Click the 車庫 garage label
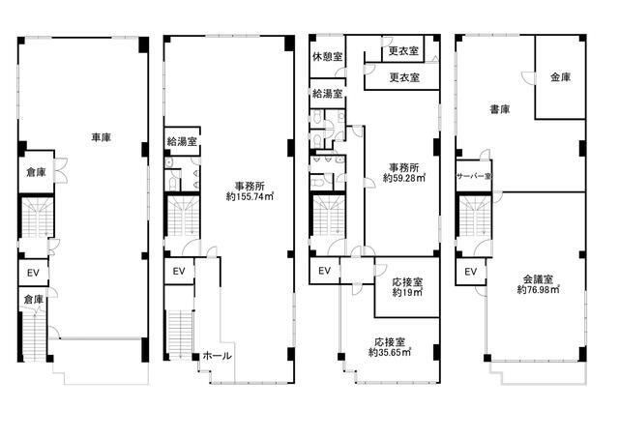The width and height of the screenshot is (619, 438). (x=101, y=137)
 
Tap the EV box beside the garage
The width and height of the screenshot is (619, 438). (x=34, y=273)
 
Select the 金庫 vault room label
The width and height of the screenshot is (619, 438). (x=561, y=77)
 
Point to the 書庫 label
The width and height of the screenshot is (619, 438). (x=500, y=109)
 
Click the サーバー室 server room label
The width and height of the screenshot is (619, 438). (x=474, y=176)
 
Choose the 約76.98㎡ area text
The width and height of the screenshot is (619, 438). (x=539, y=290)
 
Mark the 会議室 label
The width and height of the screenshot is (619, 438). (x=538, y=279)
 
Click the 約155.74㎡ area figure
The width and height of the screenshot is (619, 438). (x=250, y=196)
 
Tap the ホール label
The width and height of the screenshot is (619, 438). (x=217, y=356)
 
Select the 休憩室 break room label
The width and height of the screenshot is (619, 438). (x=327, y=57)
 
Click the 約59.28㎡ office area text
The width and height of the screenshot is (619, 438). (x=404, y=178)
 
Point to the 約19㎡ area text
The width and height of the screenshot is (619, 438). (x=407, y=292)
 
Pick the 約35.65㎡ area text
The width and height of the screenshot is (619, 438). (x=390, y=352)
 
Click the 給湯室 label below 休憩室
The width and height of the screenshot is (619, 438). (x=327, y=94)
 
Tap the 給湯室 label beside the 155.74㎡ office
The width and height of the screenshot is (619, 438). (x=182, y=141)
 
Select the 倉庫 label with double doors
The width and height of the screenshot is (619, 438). (x=36, y=172)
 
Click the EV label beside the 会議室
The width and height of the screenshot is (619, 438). (x=471, y=272)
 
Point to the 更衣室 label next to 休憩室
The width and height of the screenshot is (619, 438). (x=403, y=51)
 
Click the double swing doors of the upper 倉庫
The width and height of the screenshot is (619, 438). (x=60, y=170)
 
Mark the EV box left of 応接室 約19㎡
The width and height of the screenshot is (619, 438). (x=325, y=271)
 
